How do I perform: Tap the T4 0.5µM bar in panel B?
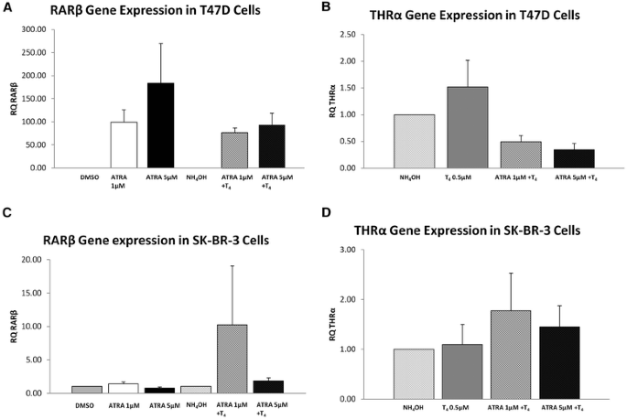click(467, 127)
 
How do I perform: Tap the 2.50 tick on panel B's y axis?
click(369, 34)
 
